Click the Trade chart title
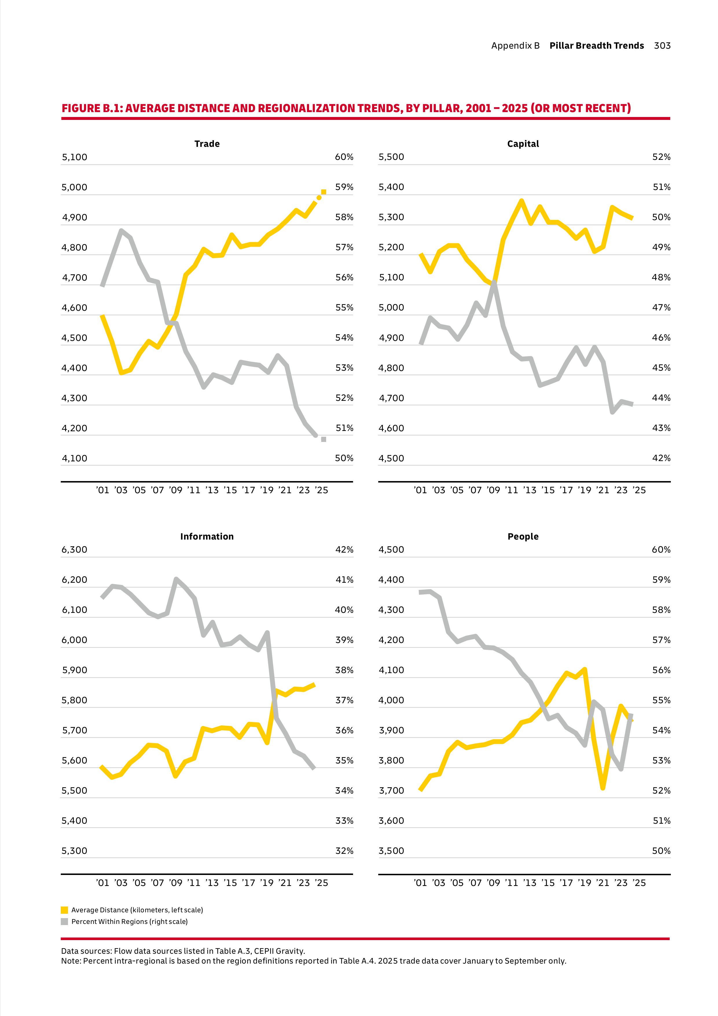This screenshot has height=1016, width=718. [x=207, y=144]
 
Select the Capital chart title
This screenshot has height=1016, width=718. [x=523, y=144]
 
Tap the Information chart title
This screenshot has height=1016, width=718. [x=207, y=536]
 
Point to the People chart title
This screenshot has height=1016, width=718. [x=523, y=536]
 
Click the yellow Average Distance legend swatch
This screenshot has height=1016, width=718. [x=65, y=910]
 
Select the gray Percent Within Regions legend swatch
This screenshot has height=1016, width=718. [x=65, y=921]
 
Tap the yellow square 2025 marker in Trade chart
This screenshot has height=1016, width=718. [x=324, y=192]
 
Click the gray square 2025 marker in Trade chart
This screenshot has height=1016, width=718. [x=324, y=439]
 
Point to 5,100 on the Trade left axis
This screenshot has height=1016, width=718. [x=74, y=157]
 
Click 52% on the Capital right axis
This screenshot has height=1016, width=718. [x=661, y=157]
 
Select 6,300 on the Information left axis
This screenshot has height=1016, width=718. [x=74, y=550]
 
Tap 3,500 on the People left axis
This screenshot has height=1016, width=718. [x=391, y=851]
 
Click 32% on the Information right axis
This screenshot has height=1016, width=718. [x=344, y=851]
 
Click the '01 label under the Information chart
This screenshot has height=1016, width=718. [x=102, y=883]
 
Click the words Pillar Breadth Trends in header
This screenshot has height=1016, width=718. [x=596, y=45]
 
